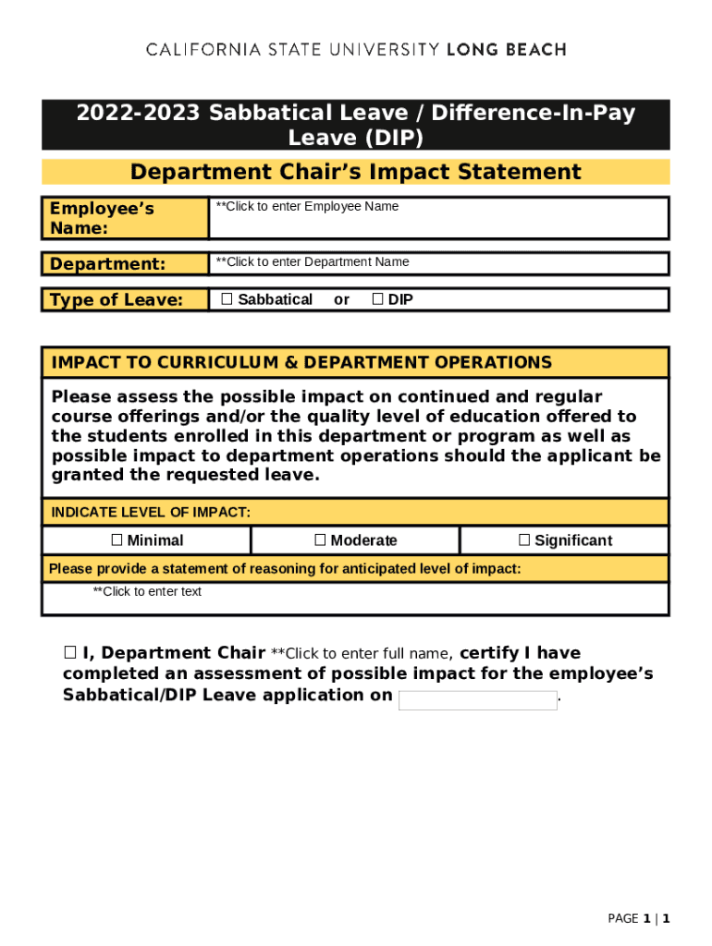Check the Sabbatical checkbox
click(227, 299)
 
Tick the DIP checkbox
click(377, 299)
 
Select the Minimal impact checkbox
click(117, 540)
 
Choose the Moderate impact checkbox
click(320, 540)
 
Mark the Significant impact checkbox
click(524, 540)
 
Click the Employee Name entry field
click(438, 218)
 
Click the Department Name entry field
click(438, 263)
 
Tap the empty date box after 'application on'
click(477, 700)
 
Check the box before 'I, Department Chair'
click(69, 653)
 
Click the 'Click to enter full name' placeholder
click(360, 654)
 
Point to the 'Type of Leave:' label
click(117, 299)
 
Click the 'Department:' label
click(107, 264)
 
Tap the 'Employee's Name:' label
click(102, 218)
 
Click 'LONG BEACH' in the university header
click(507, 50)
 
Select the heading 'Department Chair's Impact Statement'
click(355, 172)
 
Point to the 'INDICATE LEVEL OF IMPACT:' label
click(151, 512)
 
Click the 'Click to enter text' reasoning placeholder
click(147, 591)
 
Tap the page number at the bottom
click(638, 918)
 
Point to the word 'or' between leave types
click(341, 299)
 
